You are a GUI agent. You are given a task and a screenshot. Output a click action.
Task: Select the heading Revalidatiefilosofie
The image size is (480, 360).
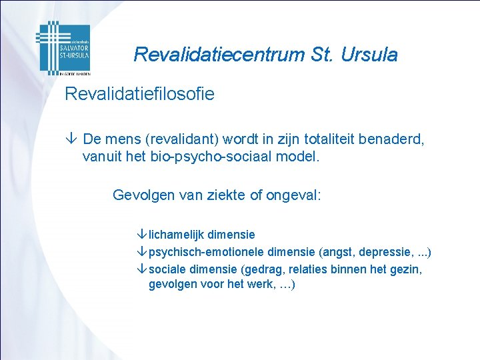point(139,94)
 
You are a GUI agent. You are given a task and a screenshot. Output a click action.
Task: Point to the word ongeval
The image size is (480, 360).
point(293,195)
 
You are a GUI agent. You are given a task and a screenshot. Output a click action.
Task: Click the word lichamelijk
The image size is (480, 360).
point(177,235)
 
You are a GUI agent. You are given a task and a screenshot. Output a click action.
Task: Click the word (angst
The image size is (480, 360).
point(336,252)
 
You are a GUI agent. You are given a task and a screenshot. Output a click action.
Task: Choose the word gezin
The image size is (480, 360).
point(406,269)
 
